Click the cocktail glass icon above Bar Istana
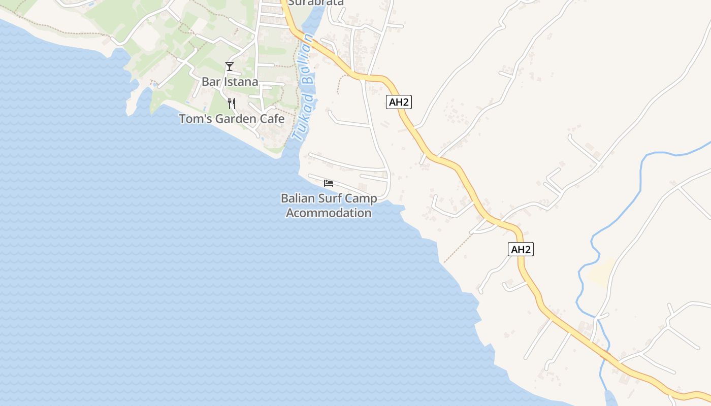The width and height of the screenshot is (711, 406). (x=230, y=66)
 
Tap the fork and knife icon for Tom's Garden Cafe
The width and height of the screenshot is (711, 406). (x=232, y=104)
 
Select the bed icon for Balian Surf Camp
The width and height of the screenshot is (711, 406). (x=329, y=183)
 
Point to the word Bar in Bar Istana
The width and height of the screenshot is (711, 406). (x=210, y=82)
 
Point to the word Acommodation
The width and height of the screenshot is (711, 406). (x=329, y=213)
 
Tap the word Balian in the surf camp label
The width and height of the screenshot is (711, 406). (x=299, y=198)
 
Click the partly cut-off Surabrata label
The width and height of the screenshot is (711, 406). (x=316, y=3)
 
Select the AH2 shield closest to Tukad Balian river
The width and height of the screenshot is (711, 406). (x=399, y=102)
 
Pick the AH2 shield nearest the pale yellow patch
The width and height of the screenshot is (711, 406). (x=521, y=249)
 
